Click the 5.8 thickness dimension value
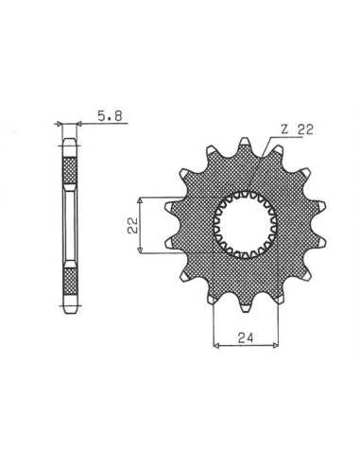[x=110, y=116]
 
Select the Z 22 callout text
[x=297, y=129]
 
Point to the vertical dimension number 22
[x=133, y=225]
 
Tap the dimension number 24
[x=246, y=338]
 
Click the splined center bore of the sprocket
[x=245, y=225]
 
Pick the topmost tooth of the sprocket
[x=245, y=145]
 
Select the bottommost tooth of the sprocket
[x=245, y=304]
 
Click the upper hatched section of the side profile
[x=70, y=170]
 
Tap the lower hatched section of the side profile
[x=70, y=281]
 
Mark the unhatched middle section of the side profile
[x=70, y=226]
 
